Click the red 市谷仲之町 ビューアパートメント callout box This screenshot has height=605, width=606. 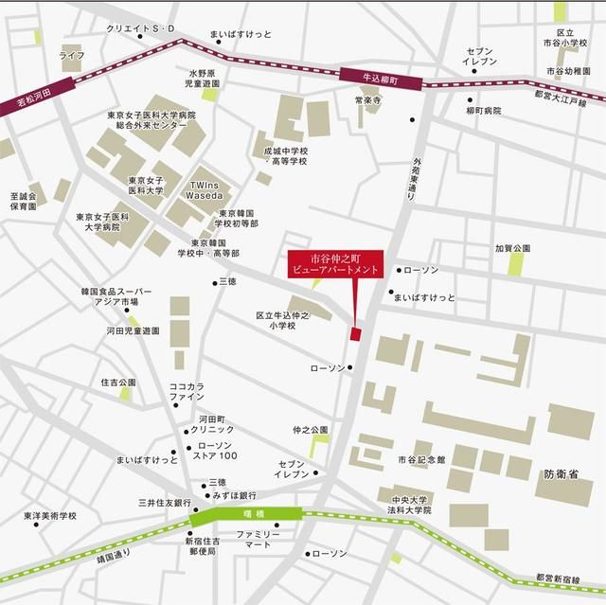coord(337,263)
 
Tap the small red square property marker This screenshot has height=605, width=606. coord(356,334)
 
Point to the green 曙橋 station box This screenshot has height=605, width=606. coord(245,516)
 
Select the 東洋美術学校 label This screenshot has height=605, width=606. coord(51,516)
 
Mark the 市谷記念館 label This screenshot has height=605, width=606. coord(415,459)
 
